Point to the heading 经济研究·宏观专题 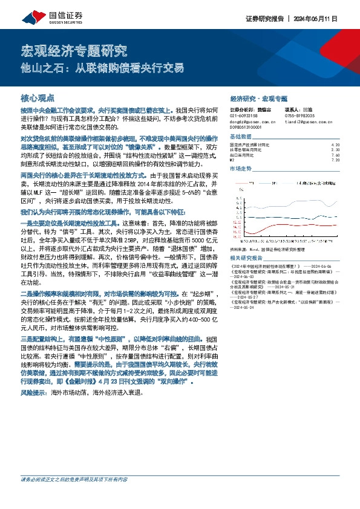coord(258,98)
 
